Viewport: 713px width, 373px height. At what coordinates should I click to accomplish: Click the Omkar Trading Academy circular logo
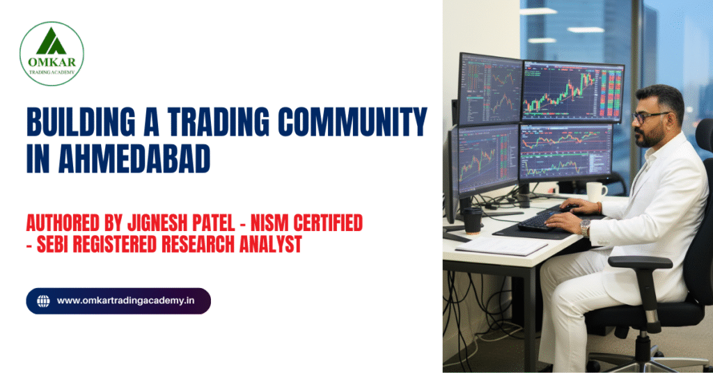point(52,54)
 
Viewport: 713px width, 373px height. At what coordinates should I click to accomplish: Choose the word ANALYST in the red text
point(270,245)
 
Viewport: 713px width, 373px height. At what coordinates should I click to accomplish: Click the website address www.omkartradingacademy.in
point(125,301)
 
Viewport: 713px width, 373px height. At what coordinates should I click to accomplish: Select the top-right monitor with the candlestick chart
point(572,91)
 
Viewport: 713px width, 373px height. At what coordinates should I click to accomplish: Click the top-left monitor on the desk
point(489,89)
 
